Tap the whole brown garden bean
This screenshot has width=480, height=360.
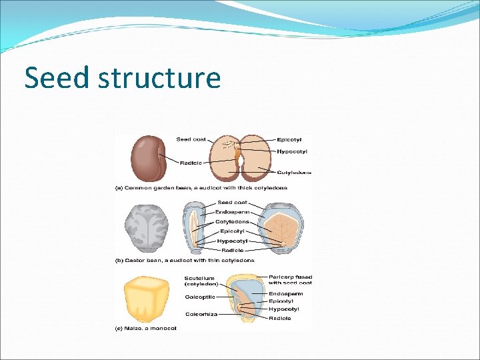(x=149, y=158)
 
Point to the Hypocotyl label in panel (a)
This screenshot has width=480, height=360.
(x=292, y=151)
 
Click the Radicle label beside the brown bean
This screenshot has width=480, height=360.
(x=191, y=163)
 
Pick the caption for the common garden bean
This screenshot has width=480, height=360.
(x=201, y=188)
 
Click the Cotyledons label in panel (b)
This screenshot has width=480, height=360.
(x=232, y=221)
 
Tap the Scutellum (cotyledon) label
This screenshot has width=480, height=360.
(x=200, y=281)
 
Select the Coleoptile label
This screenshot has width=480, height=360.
(x=199, y=297)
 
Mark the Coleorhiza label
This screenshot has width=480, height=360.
(x=201, y=314)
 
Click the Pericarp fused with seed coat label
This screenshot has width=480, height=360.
(x=291, y=279)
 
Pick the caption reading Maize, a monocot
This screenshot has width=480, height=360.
(x=146, y=328)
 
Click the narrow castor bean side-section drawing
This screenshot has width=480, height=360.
(x=193, y=227)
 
